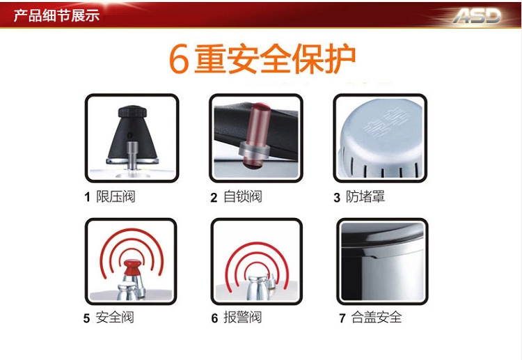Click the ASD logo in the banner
[x=477, y=15]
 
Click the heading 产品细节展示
[x=56, y=15]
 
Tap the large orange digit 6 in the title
[x=179, y=60]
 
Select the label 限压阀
[x=116, y=196]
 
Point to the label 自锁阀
[x=243, y=196]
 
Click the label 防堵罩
[x=365, y=196]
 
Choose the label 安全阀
[x=115, y=318]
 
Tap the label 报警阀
[x=243, y=318]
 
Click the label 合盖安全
[x=377, y=318]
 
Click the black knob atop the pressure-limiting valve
[x=132, y=111]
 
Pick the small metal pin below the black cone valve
[x=132, y=155]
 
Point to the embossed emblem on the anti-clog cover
[x=386, y=123]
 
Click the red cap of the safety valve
[x=132, y=267]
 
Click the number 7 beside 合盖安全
[x=342, y=318]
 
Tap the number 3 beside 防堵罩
[x=337, y=198]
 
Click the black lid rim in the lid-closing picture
[x=383, y=237]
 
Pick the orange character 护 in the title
[x=340, y=59]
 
